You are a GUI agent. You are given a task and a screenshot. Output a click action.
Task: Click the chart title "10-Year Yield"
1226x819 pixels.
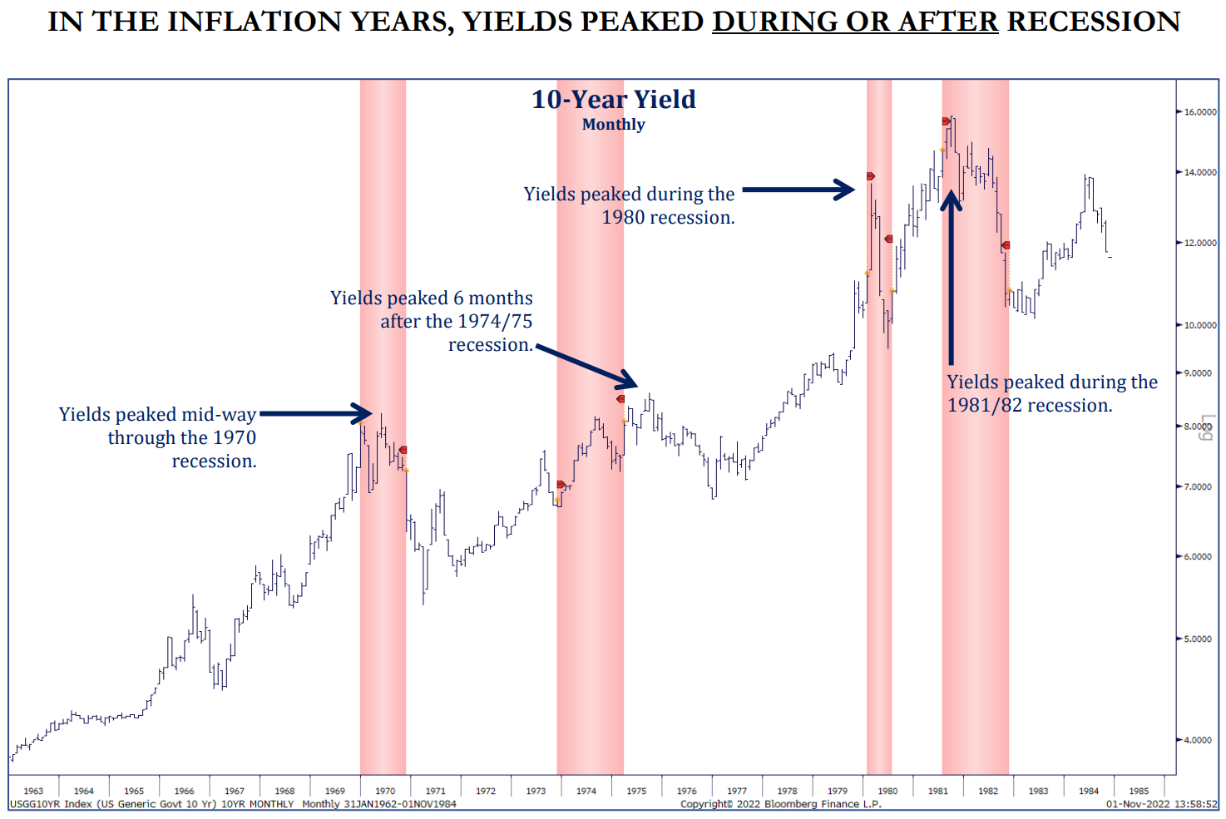point(613,100)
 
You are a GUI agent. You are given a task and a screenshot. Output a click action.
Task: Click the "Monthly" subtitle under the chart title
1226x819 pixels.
point(613,125)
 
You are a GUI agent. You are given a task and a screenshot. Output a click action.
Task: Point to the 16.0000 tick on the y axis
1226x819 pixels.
point(1200,112)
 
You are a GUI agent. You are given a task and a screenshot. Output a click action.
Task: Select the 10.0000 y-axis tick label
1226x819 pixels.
point(1200,325)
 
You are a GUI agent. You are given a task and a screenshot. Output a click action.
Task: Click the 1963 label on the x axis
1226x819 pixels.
point(33,791)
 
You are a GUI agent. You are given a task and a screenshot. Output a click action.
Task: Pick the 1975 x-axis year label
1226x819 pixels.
point(636,791)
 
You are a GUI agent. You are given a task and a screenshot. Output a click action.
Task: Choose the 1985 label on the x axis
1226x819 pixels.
point(1139,791)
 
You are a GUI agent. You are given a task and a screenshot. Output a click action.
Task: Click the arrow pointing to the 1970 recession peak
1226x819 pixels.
point(316,413)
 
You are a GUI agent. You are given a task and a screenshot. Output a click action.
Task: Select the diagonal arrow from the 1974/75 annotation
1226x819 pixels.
point(587,367)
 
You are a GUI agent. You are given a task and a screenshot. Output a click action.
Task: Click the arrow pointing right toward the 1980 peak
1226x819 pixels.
point(798,190)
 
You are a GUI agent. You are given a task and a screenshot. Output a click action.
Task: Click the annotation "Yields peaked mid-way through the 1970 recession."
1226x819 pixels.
point(157,437)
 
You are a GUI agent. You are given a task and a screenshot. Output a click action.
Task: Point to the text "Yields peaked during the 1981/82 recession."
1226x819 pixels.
point(1051,393)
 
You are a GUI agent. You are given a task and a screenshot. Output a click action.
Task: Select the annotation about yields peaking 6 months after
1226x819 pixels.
point(432,321)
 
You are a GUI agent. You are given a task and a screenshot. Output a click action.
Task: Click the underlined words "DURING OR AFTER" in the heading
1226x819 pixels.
point(855,22)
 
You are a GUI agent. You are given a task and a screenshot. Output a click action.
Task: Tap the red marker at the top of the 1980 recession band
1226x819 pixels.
point(870,176)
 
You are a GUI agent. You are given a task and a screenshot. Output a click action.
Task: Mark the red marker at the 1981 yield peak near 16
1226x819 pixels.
point(947,121)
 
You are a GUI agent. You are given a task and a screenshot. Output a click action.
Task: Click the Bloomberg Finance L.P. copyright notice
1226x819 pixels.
point(780,804)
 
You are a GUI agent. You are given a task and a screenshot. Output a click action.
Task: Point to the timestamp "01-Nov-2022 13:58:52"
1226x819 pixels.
point(1161,804)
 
